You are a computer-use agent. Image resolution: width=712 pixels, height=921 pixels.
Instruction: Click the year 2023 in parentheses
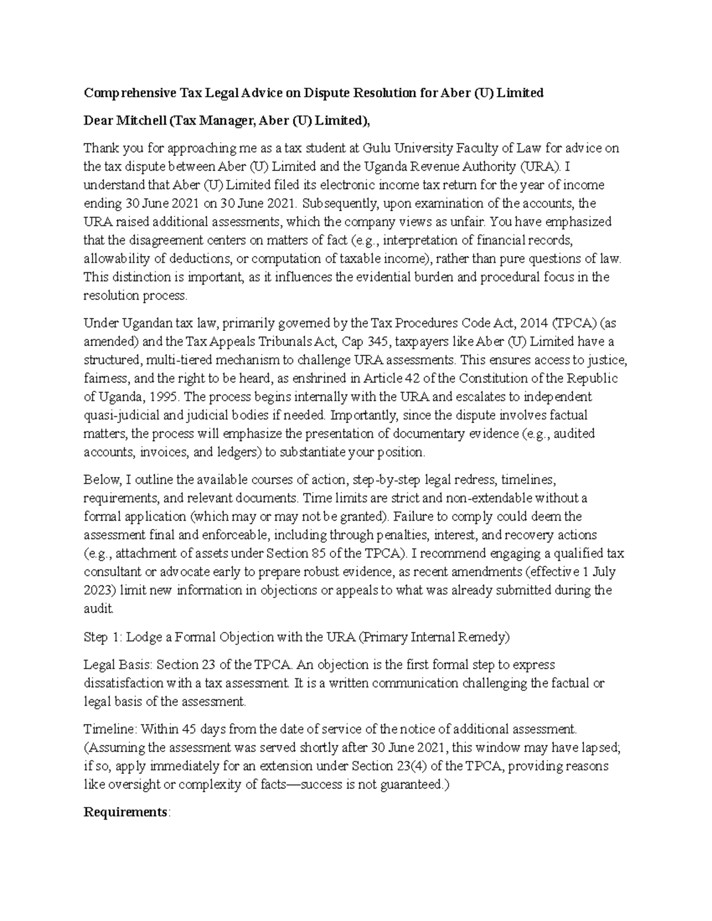pos(100,591)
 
